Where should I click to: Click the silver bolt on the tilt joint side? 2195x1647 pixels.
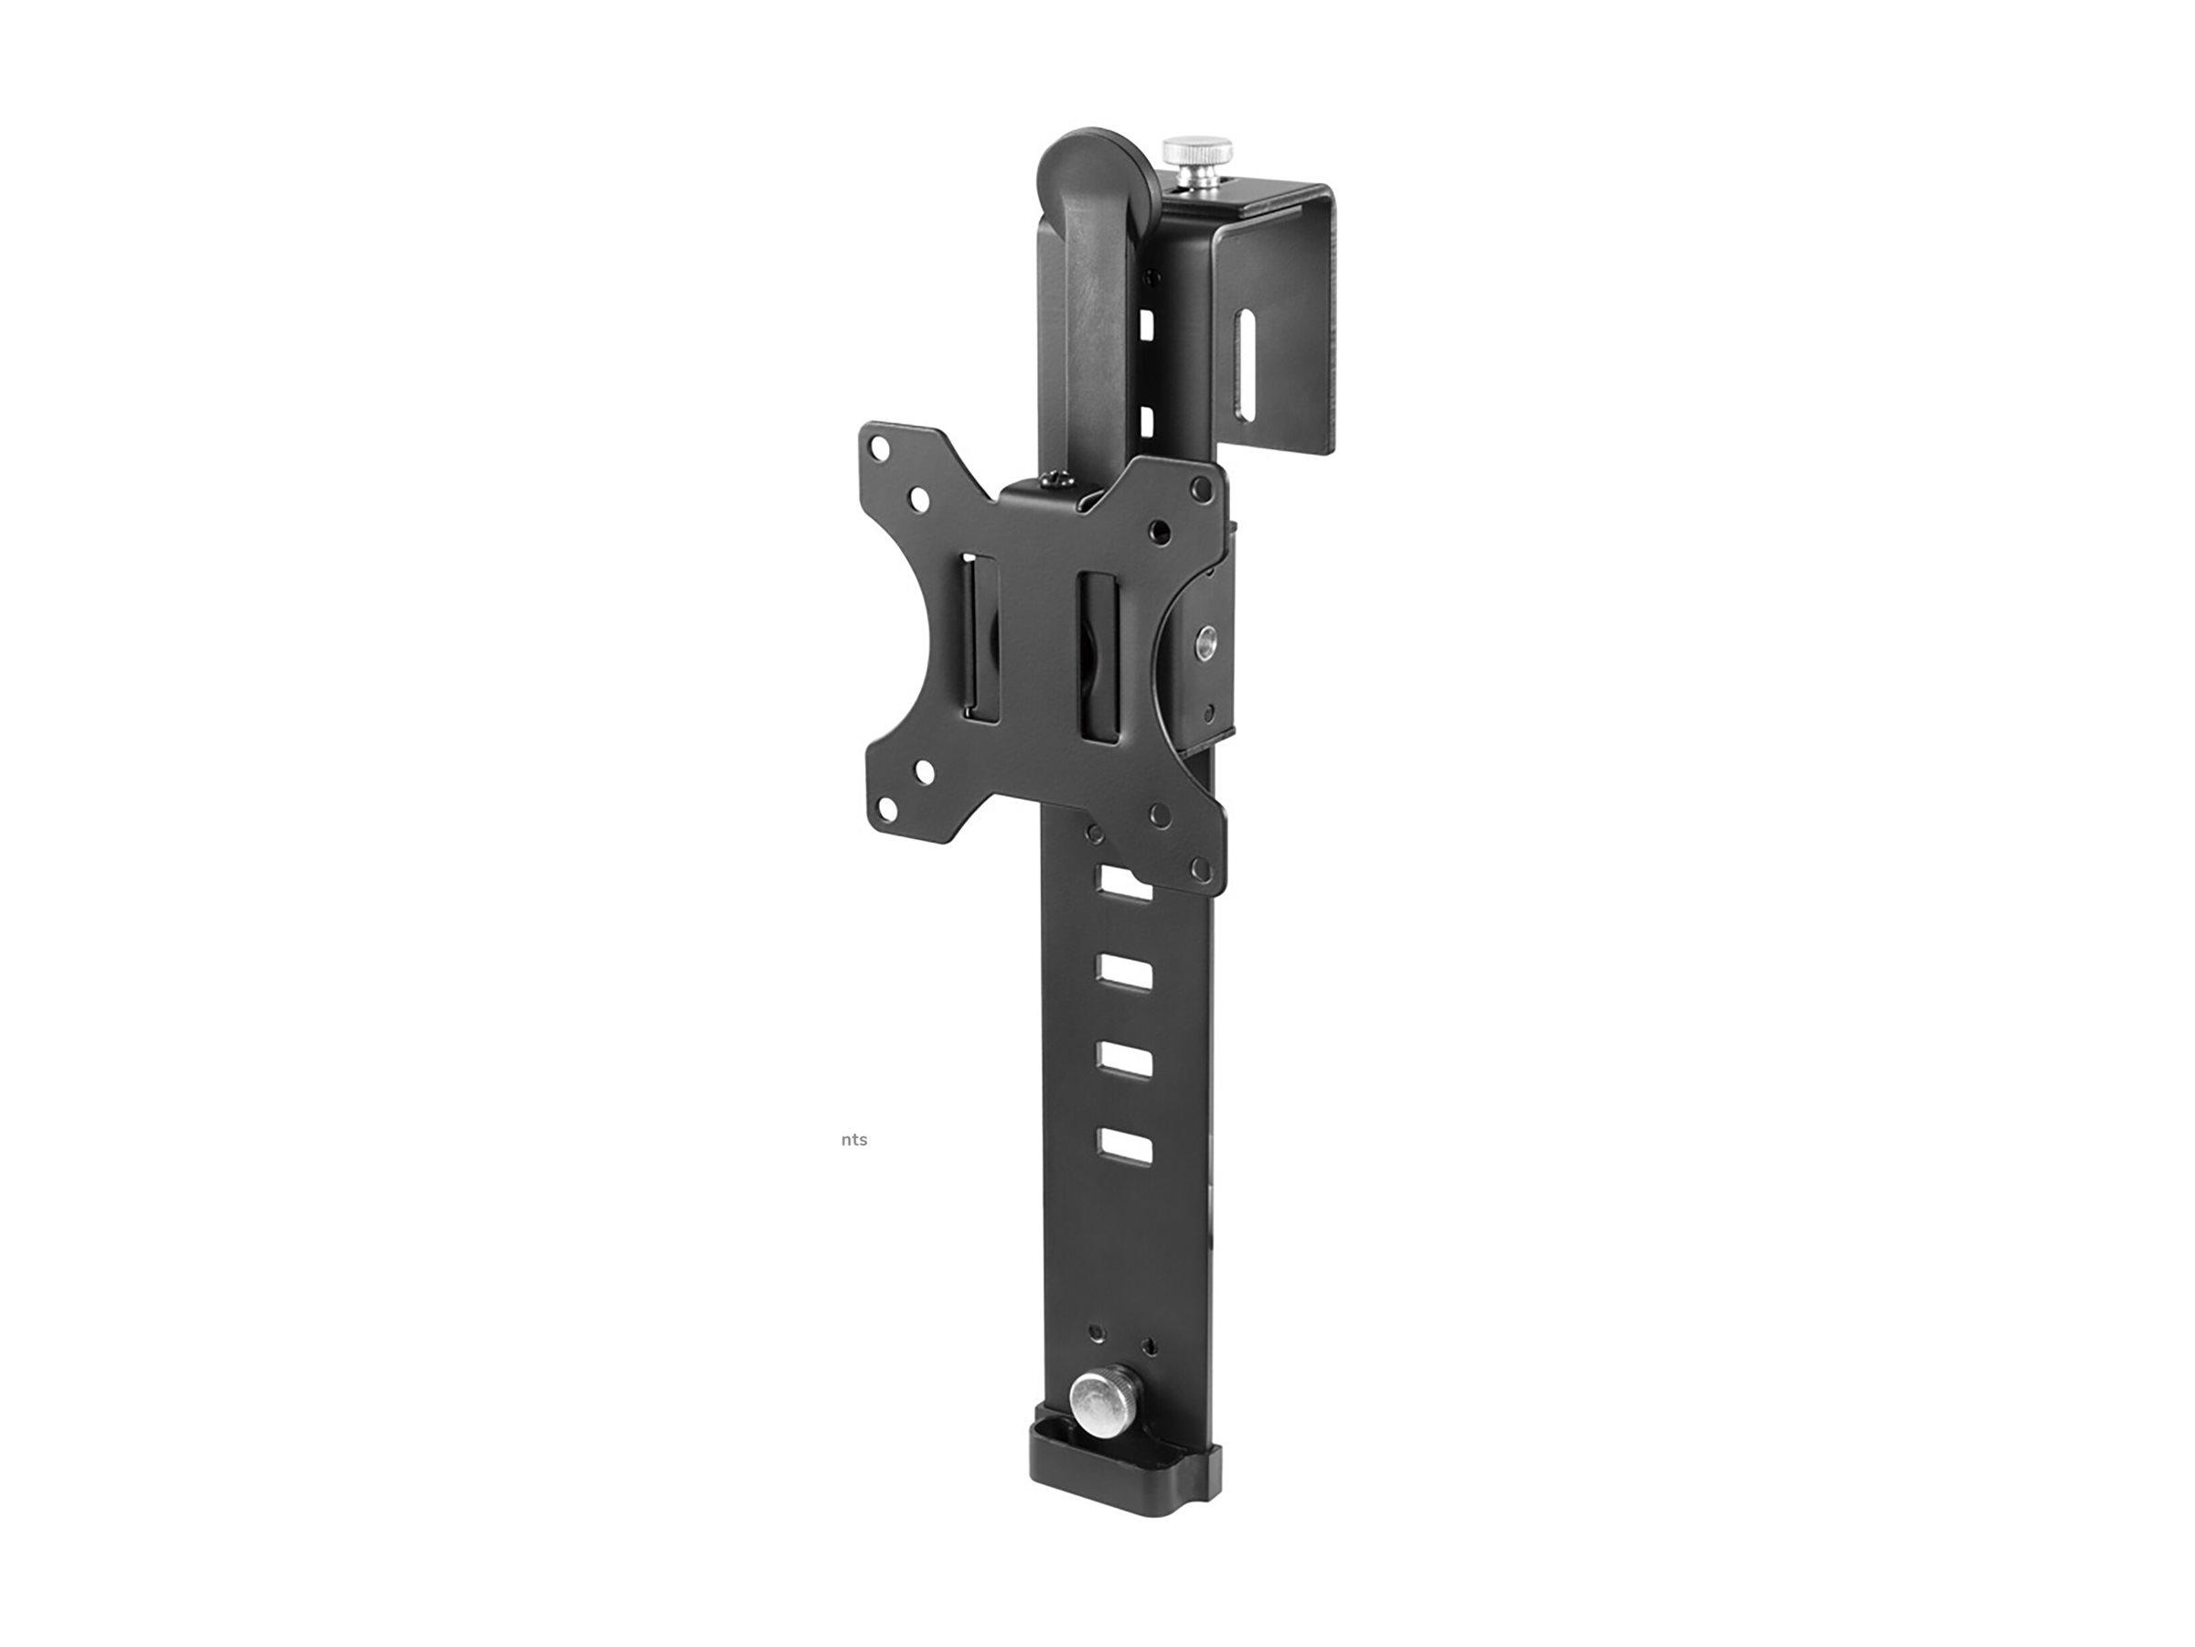[x=1207, y=640]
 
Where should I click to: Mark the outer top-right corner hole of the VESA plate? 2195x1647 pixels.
[x=1203, y=488]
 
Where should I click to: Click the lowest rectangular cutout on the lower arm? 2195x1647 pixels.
[x=1124, y=1146]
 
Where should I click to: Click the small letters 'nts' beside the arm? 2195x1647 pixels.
[x=853, y=1140]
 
